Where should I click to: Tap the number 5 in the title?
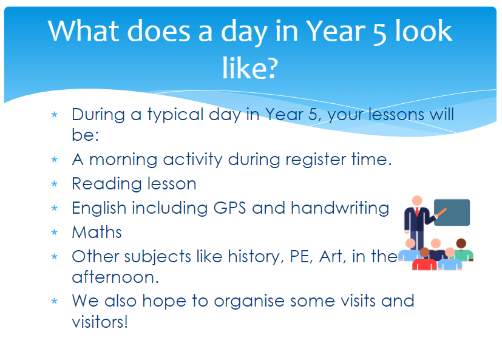pyautogui.click(x=379, y=33)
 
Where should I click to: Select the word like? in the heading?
pyautogui.click(x=250, y=67)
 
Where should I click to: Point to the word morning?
pyautogui.click(x=123, y=160)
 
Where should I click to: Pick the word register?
pyautogui.click(x=316, y=160)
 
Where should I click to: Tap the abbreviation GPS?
pyautogui.click(x=229, y=208)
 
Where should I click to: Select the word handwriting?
pyautogui.click(x=340, y=208)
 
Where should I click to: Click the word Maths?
pyautogui.click(x=97, y=232)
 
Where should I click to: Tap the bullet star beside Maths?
pyautogui.click(x=55, y=233)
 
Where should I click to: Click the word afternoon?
pyautogui.click(x=115, y=277)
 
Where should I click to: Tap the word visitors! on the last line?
pyautogui.click(x=100, y=321)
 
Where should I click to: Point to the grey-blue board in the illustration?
pyautogui.click(x=452, y=212)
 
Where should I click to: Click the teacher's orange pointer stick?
pyautogui.click(x=441, y=212)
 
